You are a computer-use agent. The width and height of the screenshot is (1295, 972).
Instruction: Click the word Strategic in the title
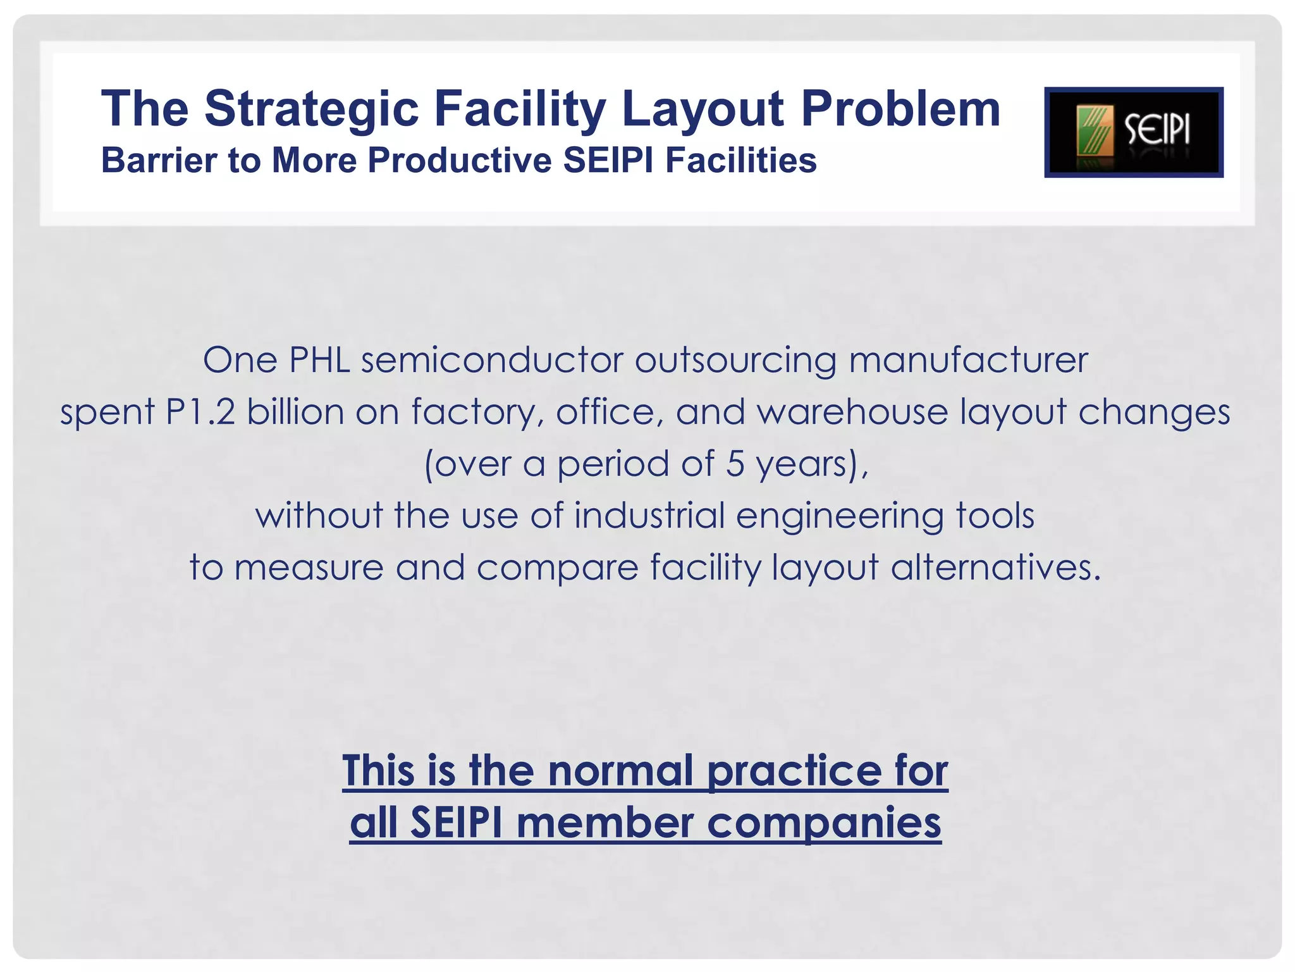(x=312, y=109)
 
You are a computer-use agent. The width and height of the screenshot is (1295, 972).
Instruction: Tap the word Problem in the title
(x=900, y=109)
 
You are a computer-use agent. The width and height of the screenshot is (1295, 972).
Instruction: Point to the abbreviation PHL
(x=319, y=361)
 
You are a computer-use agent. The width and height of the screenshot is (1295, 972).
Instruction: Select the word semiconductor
(x=492, y=361)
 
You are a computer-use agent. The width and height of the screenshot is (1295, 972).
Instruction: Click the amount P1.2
(x=200, y=413)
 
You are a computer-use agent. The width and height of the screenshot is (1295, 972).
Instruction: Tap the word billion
(x=295, y=413)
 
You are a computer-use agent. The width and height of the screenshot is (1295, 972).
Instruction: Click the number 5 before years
(x=735, y=464)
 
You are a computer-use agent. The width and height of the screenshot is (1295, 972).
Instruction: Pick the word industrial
(x=649, y=516)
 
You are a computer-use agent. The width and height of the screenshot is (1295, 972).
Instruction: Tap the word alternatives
(x=996, y=568)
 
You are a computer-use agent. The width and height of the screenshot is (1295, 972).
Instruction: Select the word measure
(x=309, y=568)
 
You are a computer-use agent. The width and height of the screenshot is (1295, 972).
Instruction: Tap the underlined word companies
(x=824, y=824)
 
